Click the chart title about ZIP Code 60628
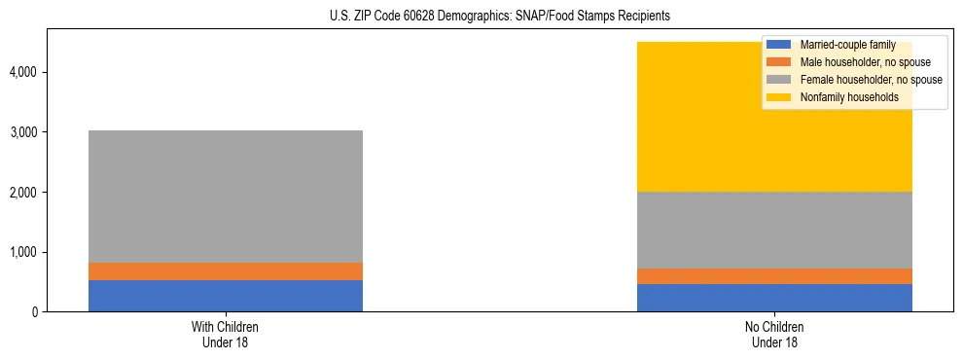481,17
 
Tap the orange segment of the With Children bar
226,271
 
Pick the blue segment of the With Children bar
226,296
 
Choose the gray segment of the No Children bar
774,230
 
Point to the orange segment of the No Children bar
774,276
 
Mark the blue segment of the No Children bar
774,298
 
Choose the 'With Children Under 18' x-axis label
226,335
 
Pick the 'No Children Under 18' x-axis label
774,335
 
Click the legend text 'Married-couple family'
847,45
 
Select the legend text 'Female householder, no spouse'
871,80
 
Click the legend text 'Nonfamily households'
849,97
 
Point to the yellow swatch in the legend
778,97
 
